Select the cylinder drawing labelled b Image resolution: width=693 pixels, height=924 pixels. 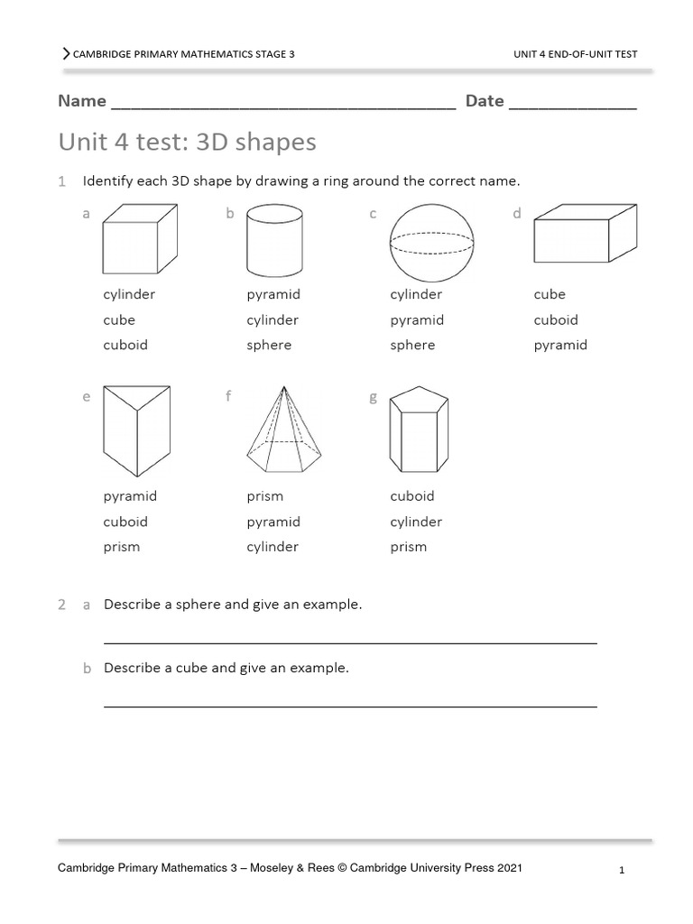tap(273, 238)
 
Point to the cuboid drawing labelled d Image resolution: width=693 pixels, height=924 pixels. tap(584, 237)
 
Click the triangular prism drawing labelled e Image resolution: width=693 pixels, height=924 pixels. tap(137, 429)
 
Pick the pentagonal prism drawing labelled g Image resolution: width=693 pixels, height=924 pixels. tap(418, 430)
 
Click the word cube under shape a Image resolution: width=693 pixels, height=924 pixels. tap(119, 319)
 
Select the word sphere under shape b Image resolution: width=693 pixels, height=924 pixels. tap(269, 345)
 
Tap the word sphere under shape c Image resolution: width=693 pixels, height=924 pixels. tap(412, 345)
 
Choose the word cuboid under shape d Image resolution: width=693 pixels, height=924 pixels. tap(556, 319)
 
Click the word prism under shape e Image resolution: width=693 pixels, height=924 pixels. tap(122, 547)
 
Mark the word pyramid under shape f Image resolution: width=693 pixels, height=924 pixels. tap(273, 522)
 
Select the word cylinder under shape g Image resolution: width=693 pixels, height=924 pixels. tap(416, 522)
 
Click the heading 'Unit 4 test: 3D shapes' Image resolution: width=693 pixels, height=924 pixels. tap(187, 143)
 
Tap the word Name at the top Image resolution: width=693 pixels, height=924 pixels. tap(82, 101)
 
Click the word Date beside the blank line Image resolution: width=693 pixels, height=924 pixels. tap(485, 101)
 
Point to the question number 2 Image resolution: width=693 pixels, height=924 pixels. tap(61, 605)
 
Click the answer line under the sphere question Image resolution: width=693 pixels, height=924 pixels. tap(350, 642)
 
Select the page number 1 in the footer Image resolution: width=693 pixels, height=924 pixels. tap(623, 871)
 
